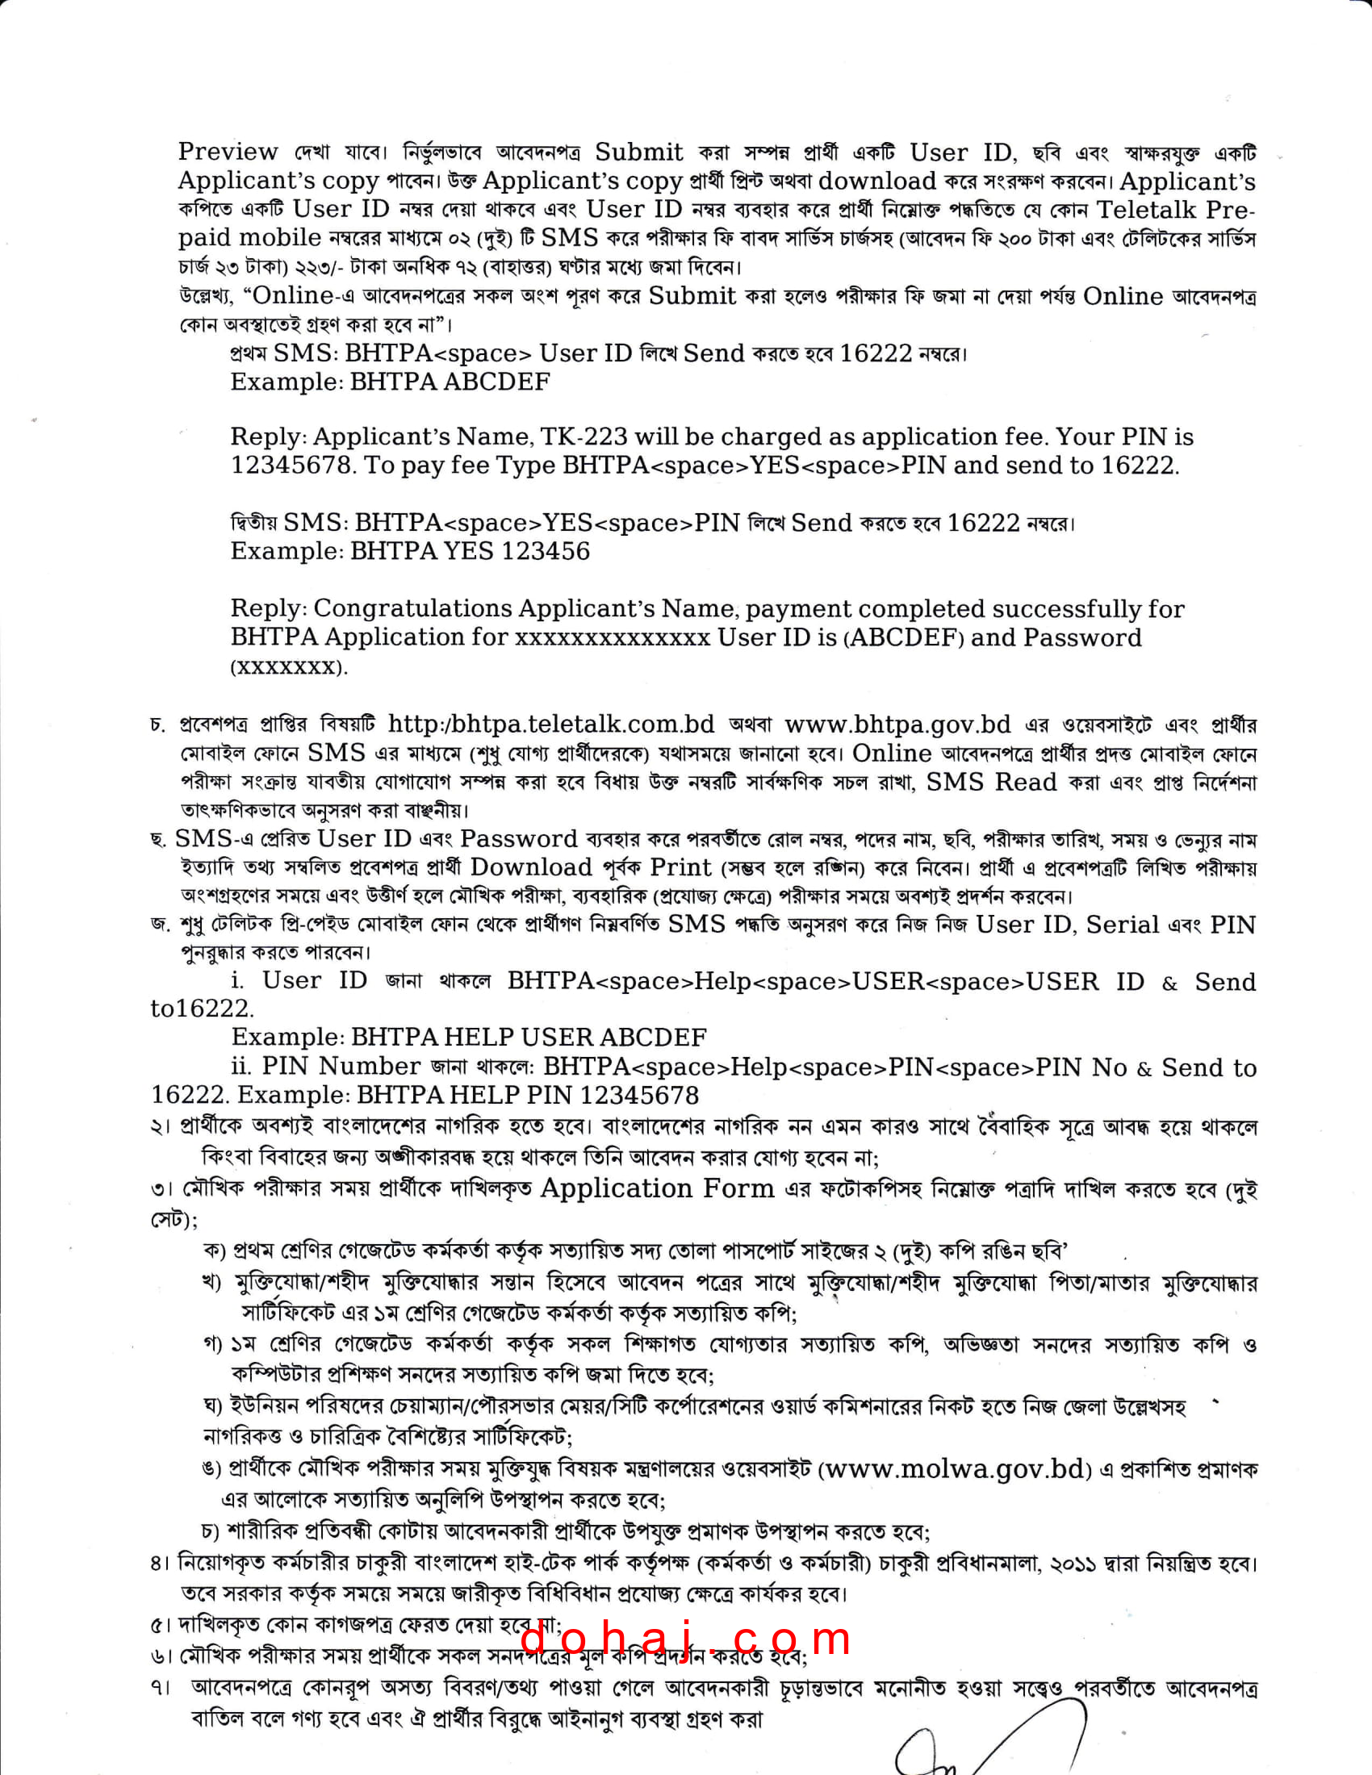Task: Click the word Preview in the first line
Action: click(228, 152)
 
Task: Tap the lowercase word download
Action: click(877, 181)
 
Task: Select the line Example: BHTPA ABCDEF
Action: click(390, 382)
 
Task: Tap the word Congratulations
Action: click(414, 608)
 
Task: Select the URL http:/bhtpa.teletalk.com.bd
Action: click(551, 725)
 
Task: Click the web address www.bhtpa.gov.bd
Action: click(897, 725)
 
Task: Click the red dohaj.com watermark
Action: click(685, 1638)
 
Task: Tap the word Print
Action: click(681, 867)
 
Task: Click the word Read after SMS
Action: click(1027, 782)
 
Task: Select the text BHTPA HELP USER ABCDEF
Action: click(529, 1037)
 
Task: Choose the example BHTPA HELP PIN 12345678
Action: click(528, 1095)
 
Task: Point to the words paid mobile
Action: click(250, 237)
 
